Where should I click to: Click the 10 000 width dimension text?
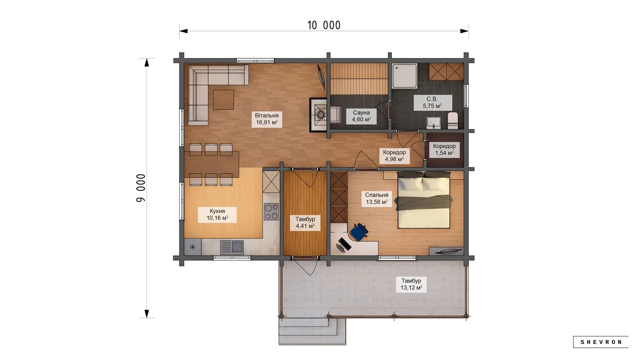tap(324, 25)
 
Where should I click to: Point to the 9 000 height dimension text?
tap(141, 188)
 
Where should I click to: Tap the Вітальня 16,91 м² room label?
tap(267, 119)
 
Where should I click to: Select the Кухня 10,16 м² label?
tap(217, 215)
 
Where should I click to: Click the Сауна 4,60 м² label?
tap(361, 116)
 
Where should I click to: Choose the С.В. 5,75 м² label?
tap(432, 102)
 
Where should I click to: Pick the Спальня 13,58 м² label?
tap(377, 198)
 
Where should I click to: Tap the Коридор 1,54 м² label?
tap(444, 150)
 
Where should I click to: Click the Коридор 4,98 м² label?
tap(394, 156)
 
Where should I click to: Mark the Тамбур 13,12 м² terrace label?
tap(411, 284)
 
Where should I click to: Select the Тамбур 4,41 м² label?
tap(305, 223)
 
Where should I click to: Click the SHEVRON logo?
tap(601, 342)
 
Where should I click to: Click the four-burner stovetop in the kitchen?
tap(271, 212)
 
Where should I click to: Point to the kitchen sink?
tap(232, 247)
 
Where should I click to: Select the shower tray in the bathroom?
tap(405, 76)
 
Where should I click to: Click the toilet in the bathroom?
tap(453, 120)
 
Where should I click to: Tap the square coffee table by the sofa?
tap(224, 100)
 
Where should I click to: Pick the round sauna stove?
tap(321, 115)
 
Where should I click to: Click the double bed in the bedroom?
tap(423, 200)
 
